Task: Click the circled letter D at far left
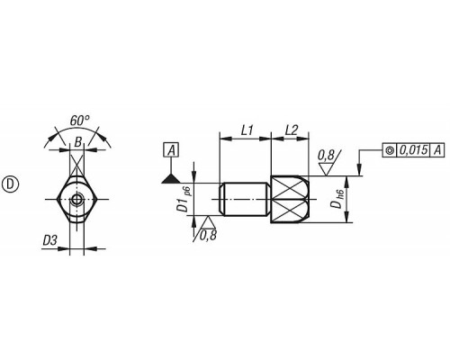pos(11,184)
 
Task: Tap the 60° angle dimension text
pos(79,121)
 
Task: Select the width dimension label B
pos(77,142)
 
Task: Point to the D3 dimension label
pos(49,240)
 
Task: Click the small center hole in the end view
pos(76,199)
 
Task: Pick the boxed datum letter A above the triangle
pos(171,149)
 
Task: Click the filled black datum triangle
pos(171,178)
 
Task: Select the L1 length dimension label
pos(247,130)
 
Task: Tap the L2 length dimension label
pos(292,130)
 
